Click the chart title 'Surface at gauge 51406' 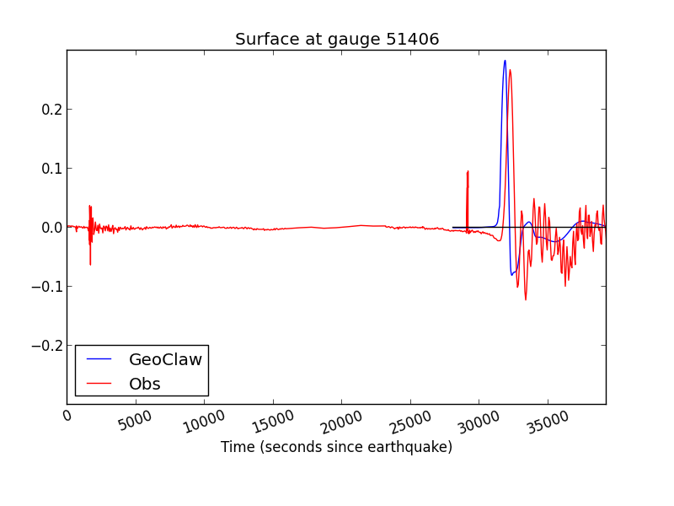(x=337, y=40)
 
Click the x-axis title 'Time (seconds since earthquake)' (x=336, y=447)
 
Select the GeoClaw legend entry (x=165, y=359)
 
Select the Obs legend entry (x=144, y=384)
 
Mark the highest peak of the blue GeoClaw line (x=505, y=61)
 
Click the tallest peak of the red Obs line (x=510, y=70)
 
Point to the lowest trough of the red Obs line (x=526, y=299)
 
